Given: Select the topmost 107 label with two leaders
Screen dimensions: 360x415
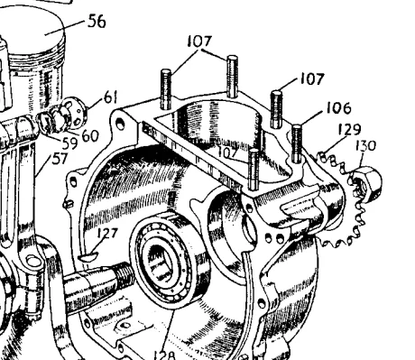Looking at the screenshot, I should point(199,42).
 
